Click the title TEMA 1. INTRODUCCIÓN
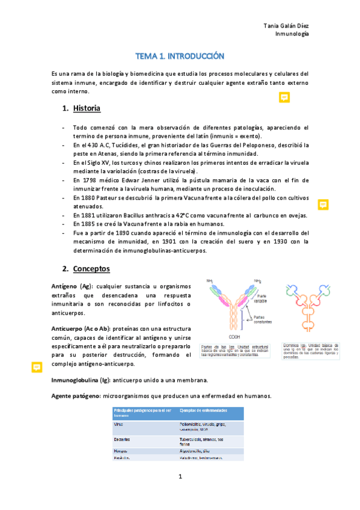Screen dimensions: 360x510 click(180, 56)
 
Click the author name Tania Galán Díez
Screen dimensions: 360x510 click(287, 25)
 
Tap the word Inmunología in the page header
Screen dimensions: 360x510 click(292, 34)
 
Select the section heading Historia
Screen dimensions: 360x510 click(87, 109)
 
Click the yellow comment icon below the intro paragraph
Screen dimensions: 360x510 click(284, 97)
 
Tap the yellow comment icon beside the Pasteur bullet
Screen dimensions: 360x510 click(323, 204)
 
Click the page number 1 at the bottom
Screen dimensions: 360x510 click(180, 477)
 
